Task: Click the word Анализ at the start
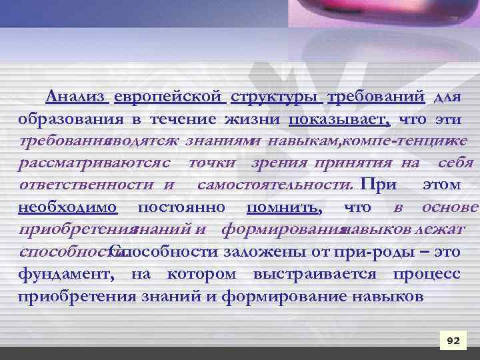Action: (76, 97)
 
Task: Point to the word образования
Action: (70, 119)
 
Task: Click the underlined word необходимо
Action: (69, 207)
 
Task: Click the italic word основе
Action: (449, 207)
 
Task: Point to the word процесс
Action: (426, 273)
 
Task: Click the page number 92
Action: (453, 341)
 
